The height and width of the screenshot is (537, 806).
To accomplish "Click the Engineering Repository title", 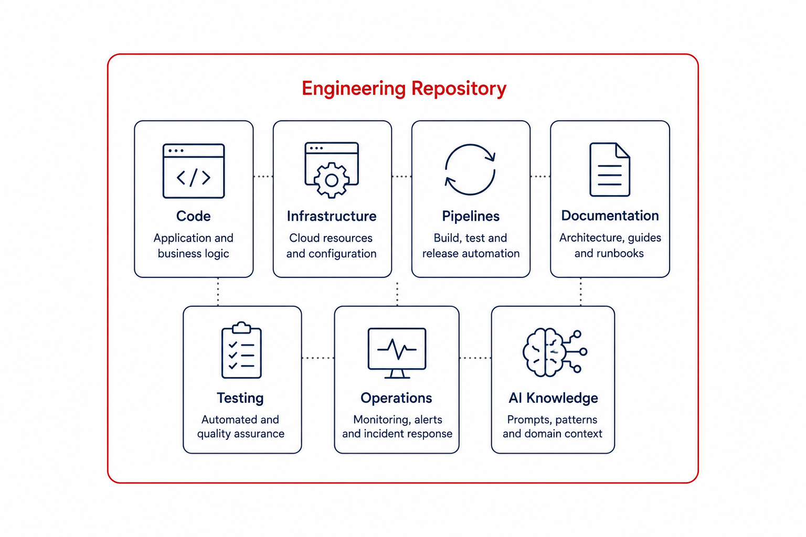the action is [404, 89].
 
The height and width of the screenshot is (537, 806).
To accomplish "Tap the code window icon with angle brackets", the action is [194, 171].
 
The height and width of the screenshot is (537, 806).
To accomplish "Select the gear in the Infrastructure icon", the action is [332, 180].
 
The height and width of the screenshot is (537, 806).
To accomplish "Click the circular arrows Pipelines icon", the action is [470, 170].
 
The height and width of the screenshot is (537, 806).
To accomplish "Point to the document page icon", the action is [610, 169].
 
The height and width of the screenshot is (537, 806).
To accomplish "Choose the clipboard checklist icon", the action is [241, 350].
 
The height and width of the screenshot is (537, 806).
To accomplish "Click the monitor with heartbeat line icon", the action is [397, 353].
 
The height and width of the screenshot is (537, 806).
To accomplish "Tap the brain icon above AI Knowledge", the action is [555, 352].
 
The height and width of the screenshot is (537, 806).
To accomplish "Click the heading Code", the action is [194, 216].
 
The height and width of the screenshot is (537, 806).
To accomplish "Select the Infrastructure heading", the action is [332, 216].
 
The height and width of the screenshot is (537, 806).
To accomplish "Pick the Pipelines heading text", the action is [471, 217].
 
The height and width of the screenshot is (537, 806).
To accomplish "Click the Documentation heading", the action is [610, 216].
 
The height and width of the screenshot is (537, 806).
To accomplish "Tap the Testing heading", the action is [240, 398].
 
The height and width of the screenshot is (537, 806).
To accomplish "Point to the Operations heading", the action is [396, 398].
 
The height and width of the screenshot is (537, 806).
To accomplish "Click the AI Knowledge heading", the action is [553, 398].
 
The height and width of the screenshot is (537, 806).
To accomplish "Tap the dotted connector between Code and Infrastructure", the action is [263, 177].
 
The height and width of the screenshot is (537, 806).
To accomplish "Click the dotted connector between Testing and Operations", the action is [318, 358].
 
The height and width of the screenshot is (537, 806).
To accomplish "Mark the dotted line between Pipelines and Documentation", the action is [540, 177].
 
